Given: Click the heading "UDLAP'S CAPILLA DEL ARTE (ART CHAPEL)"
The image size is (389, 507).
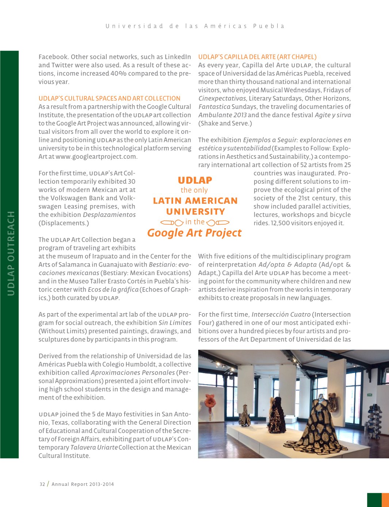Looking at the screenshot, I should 257,57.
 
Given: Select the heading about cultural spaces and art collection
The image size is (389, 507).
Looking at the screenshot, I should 109,98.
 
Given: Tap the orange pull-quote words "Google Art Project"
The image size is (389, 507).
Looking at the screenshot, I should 194,233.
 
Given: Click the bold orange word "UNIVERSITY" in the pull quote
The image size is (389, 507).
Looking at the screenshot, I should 195,212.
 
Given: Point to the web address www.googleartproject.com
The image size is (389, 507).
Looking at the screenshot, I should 96,157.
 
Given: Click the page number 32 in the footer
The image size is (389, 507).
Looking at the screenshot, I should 42,484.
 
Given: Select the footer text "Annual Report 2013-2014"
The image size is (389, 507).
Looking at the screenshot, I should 83,484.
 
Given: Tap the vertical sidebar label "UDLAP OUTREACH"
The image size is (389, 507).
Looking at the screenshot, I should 11,253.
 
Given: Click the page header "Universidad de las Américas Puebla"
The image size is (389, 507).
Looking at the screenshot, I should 195,26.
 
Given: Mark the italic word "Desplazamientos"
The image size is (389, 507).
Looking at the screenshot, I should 109,215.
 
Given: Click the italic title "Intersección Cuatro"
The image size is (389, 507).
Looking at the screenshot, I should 281,315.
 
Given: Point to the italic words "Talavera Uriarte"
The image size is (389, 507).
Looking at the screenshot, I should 94,447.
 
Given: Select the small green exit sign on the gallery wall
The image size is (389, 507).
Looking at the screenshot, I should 370,395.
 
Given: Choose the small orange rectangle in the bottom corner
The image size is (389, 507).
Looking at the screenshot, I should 385,500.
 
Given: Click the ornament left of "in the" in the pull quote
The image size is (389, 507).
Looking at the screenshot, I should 172,222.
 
